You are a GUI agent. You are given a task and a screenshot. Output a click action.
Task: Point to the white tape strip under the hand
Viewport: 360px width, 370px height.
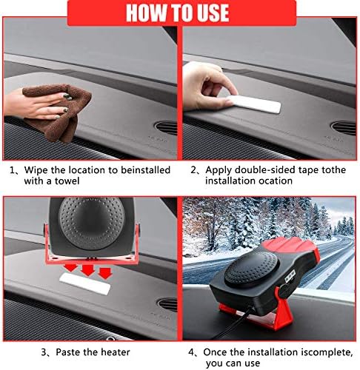point(254,104)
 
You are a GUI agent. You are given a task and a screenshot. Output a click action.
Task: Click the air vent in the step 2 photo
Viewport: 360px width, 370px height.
point(344,128)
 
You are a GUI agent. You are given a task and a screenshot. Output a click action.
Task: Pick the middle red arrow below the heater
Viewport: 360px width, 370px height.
point(88,270)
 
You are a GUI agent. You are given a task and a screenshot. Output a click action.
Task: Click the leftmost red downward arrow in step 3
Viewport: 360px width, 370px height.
point(70,267)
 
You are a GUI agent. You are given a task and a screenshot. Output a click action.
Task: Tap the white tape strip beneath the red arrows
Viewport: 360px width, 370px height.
point(84,283)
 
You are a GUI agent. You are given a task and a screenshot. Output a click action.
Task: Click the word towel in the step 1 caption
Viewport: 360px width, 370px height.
point(67,181)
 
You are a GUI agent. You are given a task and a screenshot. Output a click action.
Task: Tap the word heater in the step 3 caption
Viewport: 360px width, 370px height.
point(114,352)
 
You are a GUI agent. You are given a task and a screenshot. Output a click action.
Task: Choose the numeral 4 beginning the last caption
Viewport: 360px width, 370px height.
point(192,352)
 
